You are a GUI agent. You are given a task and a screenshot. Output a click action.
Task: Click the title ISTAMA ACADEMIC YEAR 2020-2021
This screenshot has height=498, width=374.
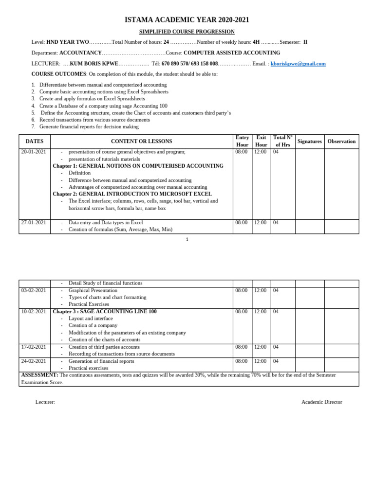pyautogui.click(x=187, y=20)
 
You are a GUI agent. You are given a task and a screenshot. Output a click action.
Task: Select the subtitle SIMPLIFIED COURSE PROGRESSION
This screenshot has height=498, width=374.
pyautogui.click(x=187, y=32)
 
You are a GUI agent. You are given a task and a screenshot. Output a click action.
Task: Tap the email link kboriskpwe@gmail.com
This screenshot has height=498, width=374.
pyautogui.click(x=298, y=64)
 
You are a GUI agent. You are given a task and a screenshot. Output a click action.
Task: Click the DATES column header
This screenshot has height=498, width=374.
pyautogui.click(x=35, y=142)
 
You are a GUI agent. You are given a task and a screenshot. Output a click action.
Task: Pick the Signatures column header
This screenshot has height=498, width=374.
pyautogui.click(x=310, y=142)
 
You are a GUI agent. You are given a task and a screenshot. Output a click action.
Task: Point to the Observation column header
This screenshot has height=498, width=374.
pyautogui.click(x=341, y=142)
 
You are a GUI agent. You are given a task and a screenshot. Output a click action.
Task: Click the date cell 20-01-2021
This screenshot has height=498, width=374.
pyautogui.click(x=34, y=152)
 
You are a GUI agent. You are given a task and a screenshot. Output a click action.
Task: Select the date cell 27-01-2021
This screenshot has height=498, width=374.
pyautogui.click(x=34, y=223)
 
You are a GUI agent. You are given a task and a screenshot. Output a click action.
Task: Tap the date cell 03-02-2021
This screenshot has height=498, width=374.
pyautogui.click(x=34, y=290)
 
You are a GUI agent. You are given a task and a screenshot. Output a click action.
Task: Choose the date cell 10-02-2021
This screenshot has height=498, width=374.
pyautogui.click(x=34, y=312)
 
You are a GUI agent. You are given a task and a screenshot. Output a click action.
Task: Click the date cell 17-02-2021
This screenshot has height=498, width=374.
pyautogui.click(x=34, y=347)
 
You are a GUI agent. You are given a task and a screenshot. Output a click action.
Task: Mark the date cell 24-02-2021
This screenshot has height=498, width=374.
pyautogui.click(x=34, y=361)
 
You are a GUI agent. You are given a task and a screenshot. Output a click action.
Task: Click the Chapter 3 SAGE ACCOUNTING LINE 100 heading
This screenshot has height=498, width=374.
pyautogui.click(x=105, y=312)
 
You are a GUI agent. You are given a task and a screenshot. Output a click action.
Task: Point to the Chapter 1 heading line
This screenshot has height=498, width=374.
pyautogui.click(x=138, y=166)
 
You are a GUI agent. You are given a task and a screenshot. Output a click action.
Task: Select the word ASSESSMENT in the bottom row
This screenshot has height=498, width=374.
pyautogui.click(x=39, y=375)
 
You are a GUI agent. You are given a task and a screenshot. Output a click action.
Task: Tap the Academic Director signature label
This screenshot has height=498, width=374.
pyautogui.click(x=321, y=402)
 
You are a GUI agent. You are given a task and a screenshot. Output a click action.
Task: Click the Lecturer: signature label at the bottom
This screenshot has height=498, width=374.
pyautogui.click(x=45, y=402)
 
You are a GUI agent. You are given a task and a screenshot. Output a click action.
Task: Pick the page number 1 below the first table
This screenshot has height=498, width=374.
pyautogui.click(x=187, y=239)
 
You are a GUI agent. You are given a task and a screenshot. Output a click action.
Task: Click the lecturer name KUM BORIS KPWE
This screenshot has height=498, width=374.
pyautogui.click(x=94, y=64)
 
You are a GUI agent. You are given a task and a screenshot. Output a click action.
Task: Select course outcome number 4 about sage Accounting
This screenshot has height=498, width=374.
pyautogui.click(x=103, y=106)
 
